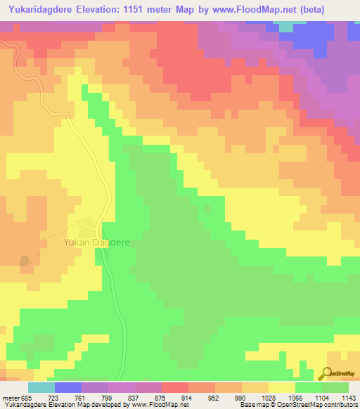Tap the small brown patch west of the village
[26, 260]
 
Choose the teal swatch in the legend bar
[41, 387]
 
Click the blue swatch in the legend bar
[67, 387]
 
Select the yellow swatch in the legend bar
[281, 387]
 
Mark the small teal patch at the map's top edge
[286, 27]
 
